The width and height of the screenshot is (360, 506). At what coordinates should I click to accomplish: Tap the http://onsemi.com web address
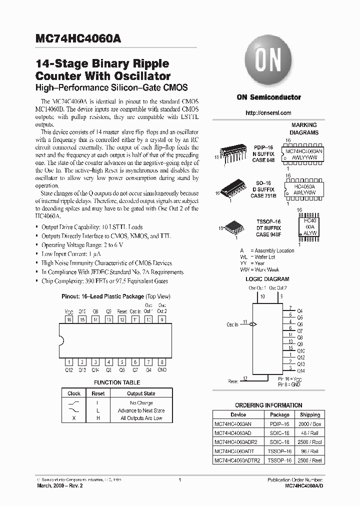268,113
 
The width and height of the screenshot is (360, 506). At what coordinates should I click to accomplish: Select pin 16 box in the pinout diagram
69,319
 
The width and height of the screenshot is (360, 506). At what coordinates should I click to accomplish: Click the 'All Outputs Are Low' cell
141,418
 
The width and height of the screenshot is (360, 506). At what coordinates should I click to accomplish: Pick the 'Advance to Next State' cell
141,410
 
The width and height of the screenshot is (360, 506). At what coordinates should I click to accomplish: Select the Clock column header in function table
74,393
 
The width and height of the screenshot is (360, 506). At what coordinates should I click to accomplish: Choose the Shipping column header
310,414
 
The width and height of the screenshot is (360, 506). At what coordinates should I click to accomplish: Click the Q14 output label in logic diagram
300,370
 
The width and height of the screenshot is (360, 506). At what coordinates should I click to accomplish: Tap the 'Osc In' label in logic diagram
232,324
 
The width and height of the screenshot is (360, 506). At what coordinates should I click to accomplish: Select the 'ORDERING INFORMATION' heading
268,405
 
